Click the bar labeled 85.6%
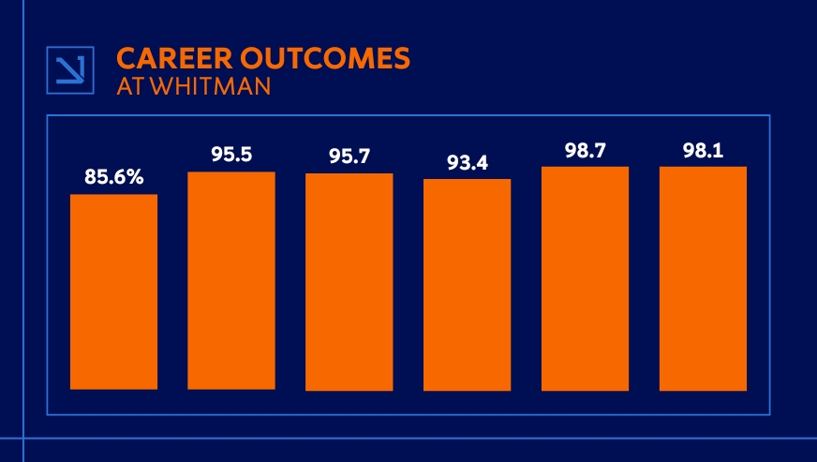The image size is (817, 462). [x=113, y=291]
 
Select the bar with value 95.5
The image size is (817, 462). [x=231, y=280]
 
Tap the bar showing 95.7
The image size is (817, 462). [x=349, y=281]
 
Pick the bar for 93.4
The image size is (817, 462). [x=467, y=284]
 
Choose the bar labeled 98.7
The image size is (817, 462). [x=585, y=278]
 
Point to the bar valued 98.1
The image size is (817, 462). [x=703, y=278]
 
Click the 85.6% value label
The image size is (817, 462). [x=113, y=175]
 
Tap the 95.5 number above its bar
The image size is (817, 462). [x=231, y=154]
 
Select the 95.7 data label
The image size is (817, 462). [x=349, y=156]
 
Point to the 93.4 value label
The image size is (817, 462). [x=467, y=163]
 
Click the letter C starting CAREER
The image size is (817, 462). [x=126, y=58]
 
